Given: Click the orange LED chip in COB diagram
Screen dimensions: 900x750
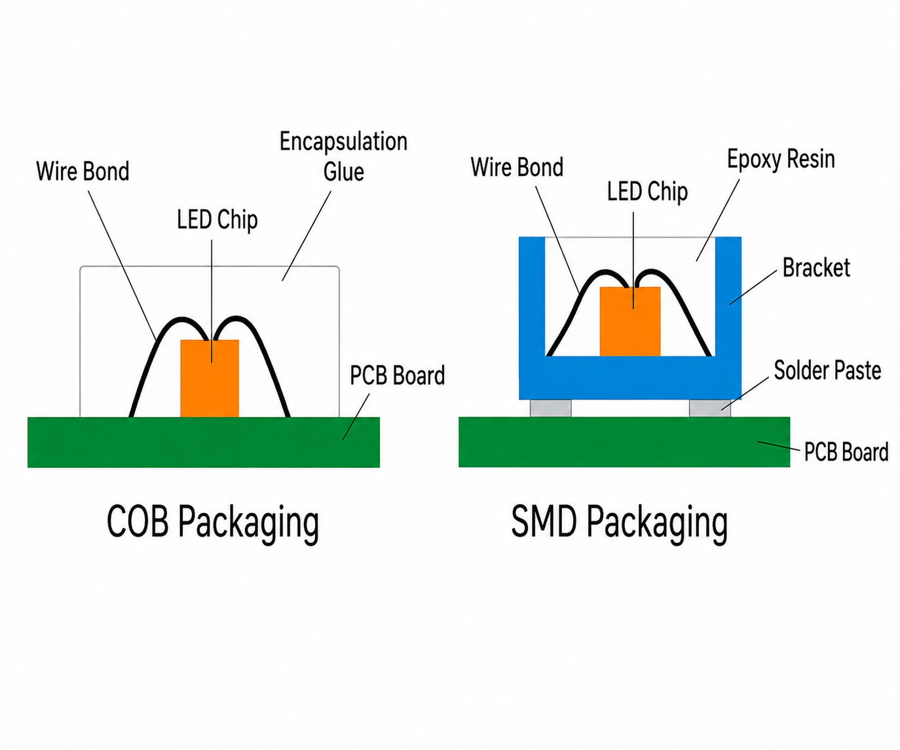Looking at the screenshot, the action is tap(210, 378).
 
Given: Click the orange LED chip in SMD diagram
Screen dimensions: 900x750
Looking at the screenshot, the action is tap(629, 321).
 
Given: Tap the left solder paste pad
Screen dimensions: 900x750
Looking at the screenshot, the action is tap(550, 408).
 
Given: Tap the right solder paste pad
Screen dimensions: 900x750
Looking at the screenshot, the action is tap(710, 408).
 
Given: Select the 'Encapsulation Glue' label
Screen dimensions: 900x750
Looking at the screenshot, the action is tap(343, 157).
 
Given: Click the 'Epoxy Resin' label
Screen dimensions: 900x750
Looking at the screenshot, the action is tap(781, 159).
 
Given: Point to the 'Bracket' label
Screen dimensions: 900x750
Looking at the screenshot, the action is tap(816, 268).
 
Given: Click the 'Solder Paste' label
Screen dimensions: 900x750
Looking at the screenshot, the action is tap(827, 370).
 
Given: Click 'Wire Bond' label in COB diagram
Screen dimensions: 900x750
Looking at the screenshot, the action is tap(83, 171).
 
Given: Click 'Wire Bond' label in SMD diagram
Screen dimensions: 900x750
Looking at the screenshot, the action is tap(517, 167).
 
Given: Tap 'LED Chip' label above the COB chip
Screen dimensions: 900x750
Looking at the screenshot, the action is tap(217, 220).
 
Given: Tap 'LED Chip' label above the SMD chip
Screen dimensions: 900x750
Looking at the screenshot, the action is tap(647, 192).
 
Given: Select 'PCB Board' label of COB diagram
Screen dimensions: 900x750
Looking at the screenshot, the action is tap(397, 375).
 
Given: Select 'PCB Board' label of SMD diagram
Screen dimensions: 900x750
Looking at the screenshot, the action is tap(846, 452).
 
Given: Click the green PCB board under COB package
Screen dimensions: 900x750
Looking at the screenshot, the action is tap(204, 442).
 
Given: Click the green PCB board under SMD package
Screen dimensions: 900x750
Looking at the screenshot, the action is tap(624, 441).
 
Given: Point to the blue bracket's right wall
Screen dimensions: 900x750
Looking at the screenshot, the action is tap(728, 297).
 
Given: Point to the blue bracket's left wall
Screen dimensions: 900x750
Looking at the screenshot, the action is tap(532, 297).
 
